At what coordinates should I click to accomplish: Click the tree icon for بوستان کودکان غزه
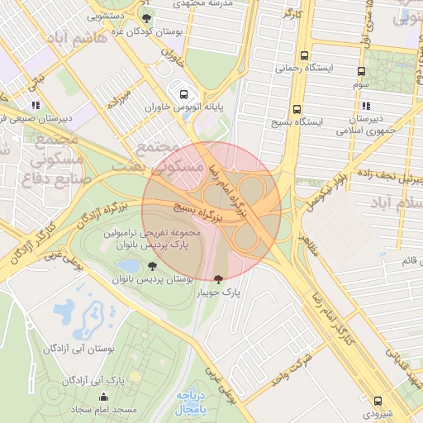pos(146,18)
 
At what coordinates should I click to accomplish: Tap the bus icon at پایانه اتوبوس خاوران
pos(183,93)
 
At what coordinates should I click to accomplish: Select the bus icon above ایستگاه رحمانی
pos(304,56)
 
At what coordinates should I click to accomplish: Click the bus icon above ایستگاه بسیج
pos(296,108)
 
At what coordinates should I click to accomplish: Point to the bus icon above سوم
pos(361,72)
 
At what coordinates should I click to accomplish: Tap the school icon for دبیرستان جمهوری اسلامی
pos(365,106)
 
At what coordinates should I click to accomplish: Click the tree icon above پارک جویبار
pos(218,279)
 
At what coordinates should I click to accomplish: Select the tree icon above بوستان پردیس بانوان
pos(153,266)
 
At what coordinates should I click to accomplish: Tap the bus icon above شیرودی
pos(378,401)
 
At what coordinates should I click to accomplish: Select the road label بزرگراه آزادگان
pos(82,216)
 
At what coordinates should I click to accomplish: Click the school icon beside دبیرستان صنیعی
pos(35,106)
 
